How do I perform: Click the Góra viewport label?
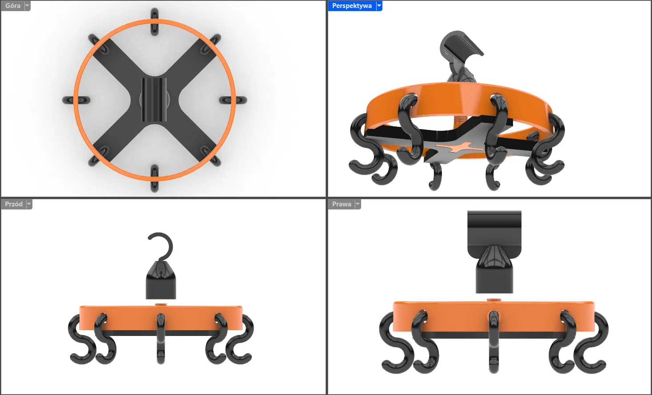click(13, 6)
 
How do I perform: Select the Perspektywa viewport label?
click(352, 6)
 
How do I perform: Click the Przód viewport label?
click(14, 204)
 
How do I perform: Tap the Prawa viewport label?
click(342, 204)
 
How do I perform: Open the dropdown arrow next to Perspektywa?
click(379, 6)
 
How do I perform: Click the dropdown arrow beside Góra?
click(27, 6)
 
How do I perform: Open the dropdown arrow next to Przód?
click(29, 204)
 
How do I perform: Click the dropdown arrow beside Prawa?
click(358, 204)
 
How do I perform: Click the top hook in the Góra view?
click(155, 22)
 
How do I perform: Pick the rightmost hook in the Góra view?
click(233, 100)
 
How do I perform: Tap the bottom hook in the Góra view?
click(155, 178)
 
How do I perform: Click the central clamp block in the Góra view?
click(154, 99)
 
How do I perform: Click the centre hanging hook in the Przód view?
click(161, 339)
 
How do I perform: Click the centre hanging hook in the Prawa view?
click(493, 342)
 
